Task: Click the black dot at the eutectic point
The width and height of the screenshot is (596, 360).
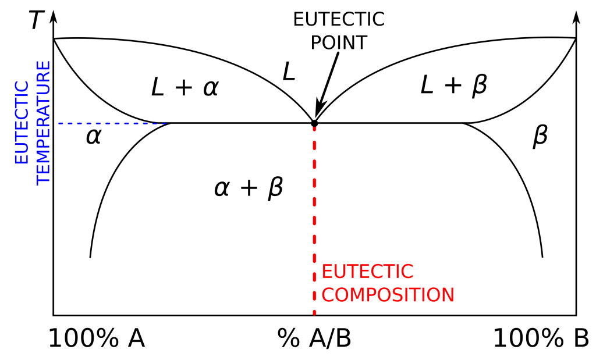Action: point(314,123)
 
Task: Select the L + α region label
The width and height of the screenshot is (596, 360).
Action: point(185,88)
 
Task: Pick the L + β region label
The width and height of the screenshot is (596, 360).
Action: point(454,85)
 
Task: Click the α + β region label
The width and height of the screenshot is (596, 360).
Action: point(249,188)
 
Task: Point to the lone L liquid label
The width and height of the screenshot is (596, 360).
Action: point(289,72)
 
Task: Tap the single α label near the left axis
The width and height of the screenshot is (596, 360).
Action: point(94,136)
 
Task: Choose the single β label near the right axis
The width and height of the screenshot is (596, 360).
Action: point(540,136)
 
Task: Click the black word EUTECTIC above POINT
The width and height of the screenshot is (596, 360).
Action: point(339,19)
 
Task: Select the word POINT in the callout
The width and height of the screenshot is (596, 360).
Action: point(339,42)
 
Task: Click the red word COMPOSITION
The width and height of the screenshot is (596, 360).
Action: point(388,295)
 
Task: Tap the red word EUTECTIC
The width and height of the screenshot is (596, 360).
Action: point(368,272)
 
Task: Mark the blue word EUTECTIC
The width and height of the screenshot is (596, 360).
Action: point(22,123)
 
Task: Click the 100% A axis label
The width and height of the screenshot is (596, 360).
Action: point(97,338)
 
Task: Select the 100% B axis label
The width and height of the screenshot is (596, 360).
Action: point(541,338)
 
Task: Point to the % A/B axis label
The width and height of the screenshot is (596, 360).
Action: point(314,338)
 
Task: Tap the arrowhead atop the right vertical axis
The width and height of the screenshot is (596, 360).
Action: point(576,17)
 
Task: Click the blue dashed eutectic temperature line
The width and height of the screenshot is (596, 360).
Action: point(112,123)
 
